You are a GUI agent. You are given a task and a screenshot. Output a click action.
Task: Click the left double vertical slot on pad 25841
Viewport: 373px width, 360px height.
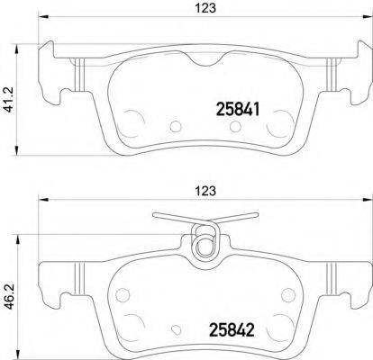[79, 72]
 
